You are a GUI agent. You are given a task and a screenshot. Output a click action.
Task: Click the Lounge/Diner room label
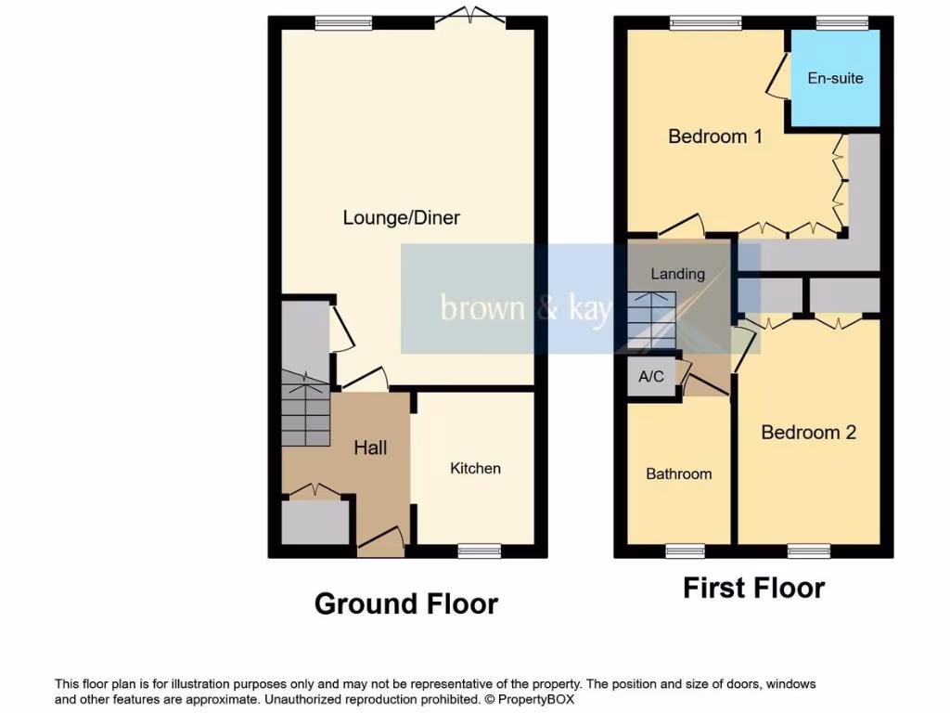[401, 218]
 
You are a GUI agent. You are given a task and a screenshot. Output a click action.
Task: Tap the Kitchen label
[475, 469]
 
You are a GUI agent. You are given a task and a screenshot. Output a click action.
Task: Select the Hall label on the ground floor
[370, 447]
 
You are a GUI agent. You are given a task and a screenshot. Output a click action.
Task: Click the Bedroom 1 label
[714, 137]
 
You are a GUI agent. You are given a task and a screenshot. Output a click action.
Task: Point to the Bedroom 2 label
[808, 433]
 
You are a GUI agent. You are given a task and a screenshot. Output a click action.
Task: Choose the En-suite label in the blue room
[835, 78]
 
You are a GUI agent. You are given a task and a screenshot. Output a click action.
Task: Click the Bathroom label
[678, 474]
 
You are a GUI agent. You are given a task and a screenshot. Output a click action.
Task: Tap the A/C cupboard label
[651, 377]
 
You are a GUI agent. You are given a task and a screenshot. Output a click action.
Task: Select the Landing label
[677, 274]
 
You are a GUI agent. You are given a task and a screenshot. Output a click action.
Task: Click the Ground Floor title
[406, 604]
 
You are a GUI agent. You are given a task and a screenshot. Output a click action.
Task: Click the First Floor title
[753, 589]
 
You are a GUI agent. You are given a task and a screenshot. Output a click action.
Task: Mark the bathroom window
[685, 551]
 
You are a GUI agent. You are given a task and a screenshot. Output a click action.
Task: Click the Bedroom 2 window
[808, 551]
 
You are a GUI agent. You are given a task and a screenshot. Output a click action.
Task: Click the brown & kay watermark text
[525, 308]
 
